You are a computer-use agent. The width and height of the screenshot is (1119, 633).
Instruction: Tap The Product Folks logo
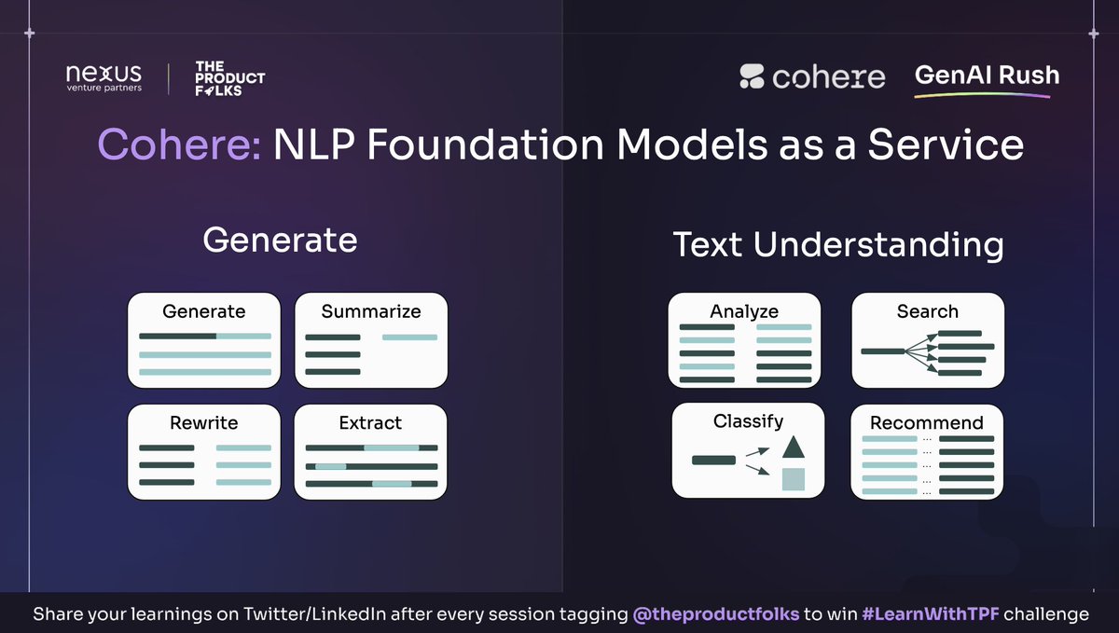pos(229,78)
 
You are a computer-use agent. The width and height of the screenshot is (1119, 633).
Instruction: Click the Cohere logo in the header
pos(812,76)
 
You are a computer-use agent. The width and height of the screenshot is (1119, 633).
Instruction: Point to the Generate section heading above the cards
pos(280,240)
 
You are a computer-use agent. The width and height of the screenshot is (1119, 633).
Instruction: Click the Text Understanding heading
pos(838,244)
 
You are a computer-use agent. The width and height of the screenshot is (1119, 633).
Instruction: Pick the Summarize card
pos(371,339)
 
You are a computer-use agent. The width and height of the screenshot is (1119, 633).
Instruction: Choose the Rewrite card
pos(203,451)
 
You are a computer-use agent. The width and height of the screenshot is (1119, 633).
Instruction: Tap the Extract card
pos(371,451)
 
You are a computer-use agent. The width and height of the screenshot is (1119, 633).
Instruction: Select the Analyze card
pos(744,339)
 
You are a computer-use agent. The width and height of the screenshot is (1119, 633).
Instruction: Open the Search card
pos(928,339)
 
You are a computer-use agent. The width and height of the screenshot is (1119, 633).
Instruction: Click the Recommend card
pos(928,451)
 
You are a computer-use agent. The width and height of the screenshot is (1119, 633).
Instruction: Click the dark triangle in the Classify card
pos(793,447)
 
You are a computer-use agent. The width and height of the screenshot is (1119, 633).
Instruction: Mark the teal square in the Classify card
pos(793,479)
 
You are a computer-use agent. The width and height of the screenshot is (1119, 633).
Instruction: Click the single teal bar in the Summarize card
pos(409,337)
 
